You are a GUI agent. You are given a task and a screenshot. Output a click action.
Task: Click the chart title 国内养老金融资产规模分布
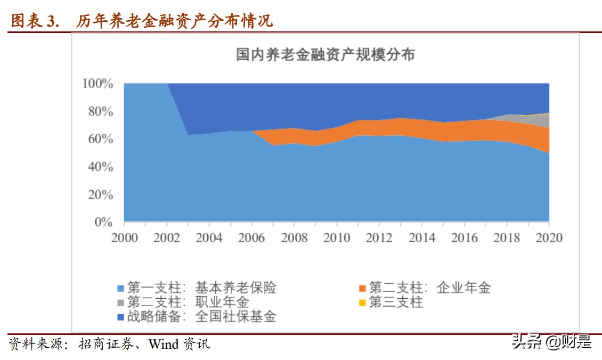(x=325, y=55)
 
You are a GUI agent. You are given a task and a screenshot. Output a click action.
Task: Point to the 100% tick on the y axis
(x=97, y=84)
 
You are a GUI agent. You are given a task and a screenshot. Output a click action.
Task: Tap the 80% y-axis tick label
(x=100, y=111)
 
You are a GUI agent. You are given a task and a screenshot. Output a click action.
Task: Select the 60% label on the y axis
(x=100, y=139)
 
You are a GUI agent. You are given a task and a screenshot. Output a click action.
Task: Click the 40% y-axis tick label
(x=100, y=167)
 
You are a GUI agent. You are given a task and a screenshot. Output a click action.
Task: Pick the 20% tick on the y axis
(x=100, y=194)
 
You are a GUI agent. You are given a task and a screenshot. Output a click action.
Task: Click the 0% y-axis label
(x=103, y=222)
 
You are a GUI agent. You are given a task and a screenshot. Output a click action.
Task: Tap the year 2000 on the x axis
(x=124, y=238)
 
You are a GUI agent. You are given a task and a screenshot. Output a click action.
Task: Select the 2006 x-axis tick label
(x=251, y=238)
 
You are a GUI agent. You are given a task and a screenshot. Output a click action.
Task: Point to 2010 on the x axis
(x=337, y=238)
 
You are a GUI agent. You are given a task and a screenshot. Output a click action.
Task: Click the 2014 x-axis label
(x=421, y=238)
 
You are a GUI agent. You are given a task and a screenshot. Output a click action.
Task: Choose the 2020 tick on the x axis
(x=549, y=238)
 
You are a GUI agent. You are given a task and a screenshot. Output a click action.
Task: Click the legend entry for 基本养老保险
(x=197, y=288)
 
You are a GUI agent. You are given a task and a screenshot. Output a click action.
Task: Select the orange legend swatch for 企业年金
(x=362, y=289)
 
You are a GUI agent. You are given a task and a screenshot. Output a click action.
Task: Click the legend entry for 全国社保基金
(x=197, y=317)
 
